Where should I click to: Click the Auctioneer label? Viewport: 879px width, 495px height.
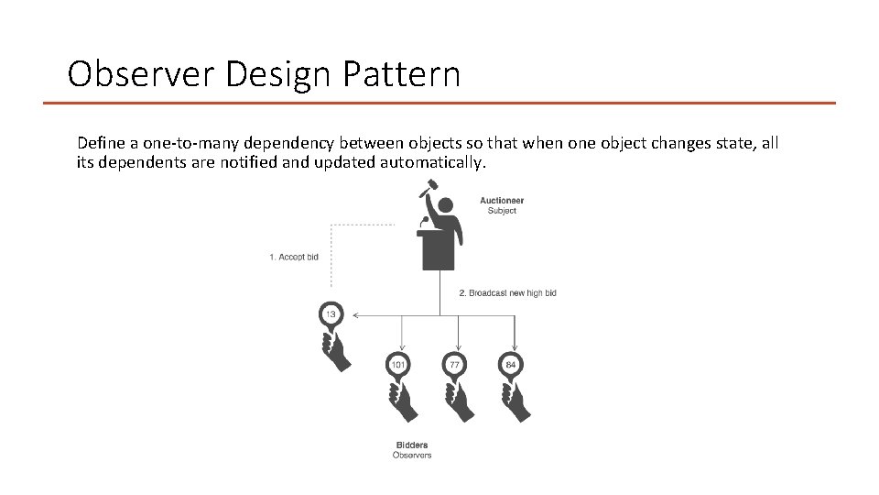[x=502, y=201]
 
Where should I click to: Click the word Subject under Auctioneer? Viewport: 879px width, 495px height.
[x=502, y=211]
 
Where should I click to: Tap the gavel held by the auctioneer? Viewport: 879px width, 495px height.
[x=425, y=189]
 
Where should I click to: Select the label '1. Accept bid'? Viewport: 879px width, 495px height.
[x=294, y=257]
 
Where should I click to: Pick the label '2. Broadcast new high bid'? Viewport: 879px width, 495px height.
[x=507, y=293]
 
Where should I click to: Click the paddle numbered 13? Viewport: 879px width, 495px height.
[x=331, y=315]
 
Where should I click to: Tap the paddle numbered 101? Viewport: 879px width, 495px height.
[x=398, y=365]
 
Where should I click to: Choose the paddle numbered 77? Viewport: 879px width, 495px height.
[x=454, y=365]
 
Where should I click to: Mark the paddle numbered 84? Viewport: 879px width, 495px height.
[x=511, y=365]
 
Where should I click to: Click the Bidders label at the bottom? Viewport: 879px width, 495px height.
[x=412, y=445]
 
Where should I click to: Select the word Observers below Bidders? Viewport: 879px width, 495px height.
[x=412, y=455]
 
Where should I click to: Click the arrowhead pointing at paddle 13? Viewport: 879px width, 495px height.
[x=355, y=315]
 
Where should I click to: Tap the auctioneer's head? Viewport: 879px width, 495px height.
[x=445, y=206]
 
